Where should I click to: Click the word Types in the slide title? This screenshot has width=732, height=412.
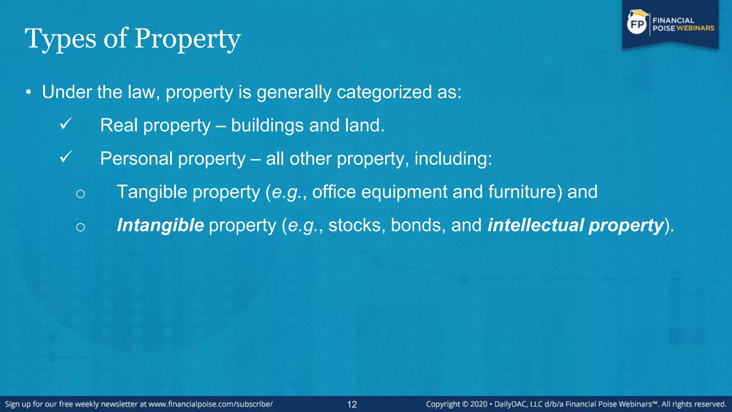(60, 39)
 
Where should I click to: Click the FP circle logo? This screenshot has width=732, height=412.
(637, 24)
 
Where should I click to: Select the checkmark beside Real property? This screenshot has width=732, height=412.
(66, 124)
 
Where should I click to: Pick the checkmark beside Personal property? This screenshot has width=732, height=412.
(66, 157)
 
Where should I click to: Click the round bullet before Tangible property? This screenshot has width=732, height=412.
(80, 194)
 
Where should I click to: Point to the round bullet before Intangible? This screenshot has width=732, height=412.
(80, 227)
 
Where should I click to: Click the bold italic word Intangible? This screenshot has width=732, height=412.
(160, 225)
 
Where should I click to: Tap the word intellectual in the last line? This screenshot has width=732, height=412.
(536, 225)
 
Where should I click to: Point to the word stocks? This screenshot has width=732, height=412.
(355, 225)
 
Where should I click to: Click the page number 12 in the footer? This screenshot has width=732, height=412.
(352, 404)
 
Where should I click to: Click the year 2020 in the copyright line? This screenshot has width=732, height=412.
(479, 404)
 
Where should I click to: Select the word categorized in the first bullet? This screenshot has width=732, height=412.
(384, 92)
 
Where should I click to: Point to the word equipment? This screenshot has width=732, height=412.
(404, 192)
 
